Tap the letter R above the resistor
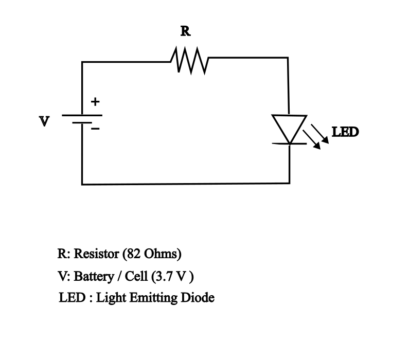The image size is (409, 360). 185,32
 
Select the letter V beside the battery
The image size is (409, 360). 45,121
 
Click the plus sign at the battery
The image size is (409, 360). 95,102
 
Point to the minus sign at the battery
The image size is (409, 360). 95,130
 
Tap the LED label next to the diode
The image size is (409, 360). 345,132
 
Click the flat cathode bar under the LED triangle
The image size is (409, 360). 289,143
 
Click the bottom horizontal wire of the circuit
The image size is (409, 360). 185,183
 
